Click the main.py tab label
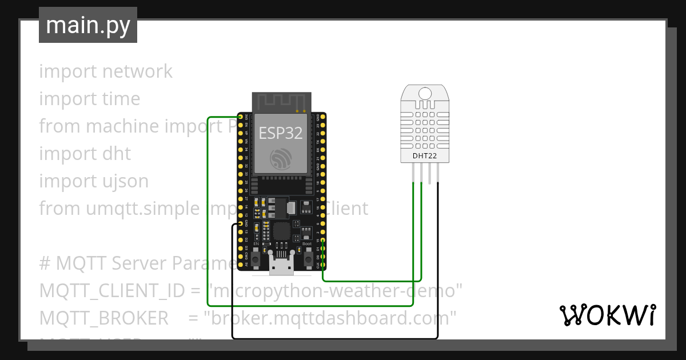[x=87, y=25]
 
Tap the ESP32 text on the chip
[x=281, y=133]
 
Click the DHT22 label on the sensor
[x=425, y=155]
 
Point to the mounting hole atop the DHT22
[x=425, y=93]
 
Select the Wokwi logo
[x=608, y=315]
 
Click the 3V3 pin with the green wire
[x=240, y=117]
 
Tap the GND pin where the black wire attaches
[x=240, y=224]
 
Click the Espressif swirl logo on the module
[x=281, y=158]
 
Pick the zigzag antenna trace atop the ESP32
[x=281, y=102]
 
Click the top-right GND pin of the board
[x=323, y=117]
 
